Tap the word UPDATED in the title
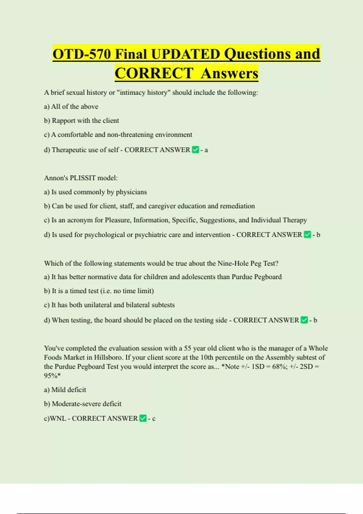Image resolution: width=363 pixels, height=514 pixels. tap(185, 54)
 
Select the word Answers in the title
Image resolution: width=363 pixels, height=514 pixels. tap(229, 73)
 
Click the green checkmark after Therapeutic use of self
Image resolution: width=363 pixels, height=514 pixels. tap(195, 150)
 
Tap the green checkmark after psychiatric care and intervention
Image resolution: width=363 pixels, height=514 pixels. tap(307, 235)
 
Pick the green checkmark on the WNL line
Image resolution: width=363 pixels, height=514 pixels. tap(143, 418)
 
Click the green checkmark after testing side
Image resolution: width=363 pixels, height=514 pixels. tap(304, 320)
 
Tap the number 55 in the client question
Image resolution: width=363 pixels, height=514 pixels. tap(188, 348)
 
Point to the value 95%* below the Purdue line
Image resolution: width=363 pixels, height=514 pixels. tap(52, 376)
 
